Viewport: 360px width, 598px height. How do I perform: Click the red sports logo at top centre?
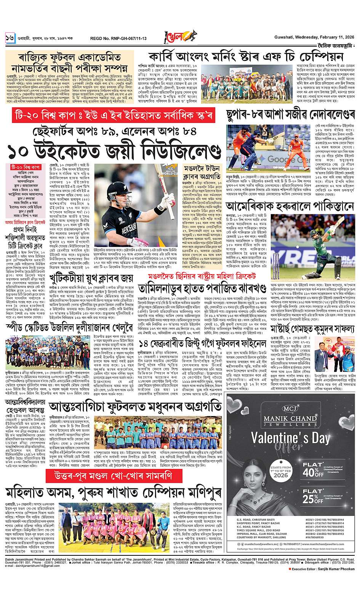click(x=178, y=37)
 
